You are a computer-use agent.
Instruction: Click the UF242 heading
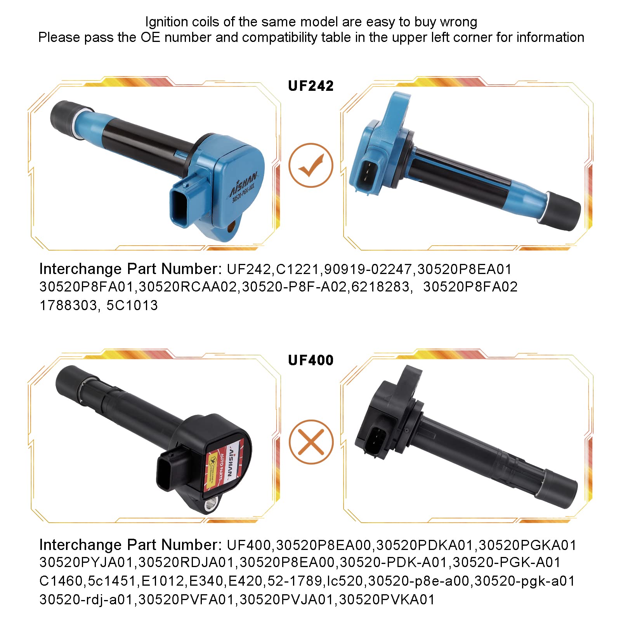point(310,86)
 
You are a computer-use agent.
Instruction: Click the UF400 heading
point(310,360)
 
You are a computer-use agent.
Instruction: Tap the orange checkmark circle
point(311,165)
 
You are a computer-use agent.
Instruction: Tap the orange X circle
point(311,442)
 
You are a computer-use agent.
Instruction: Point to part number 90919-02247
point(368,269)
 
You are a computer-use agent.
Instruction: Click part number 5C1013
point(132,305)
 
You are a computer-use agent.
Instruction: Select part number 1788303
point(68,305)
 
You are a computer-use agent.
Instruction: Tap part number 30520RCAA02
point(187,287)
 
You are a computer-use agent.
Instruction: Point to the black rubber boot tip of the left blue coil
point(64,115)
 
